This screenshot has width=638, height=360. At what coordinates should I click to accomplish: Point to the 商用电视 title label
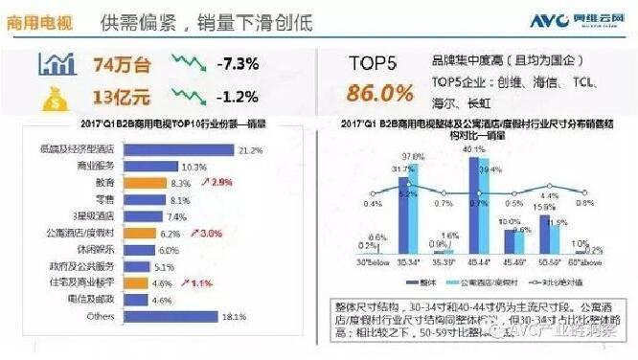pos(37,20)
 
